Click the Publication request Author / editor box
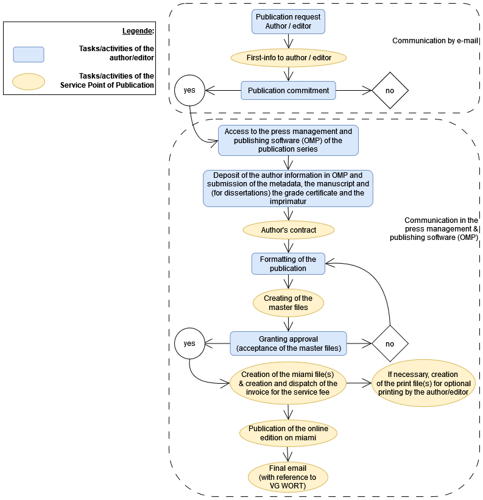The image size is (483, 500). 288,21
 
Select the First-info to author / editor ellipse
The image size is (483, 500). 288,58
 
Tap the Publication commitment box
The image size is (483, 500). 288,91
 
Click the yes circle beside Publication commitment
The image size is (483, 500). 189,90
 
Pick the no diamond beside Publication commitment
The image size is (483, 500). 390,91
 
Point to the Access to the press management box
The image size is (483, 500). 288,141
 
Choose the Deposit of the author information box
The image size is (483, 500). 288,188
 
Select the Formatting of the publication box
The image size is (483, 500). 288,264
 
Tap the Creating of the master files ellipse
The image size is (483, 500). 288,303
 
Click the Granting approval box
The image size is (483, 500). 288,343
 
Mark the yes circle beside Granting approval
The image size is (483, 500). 189,343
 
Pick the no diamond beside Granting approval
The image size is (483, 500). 390,343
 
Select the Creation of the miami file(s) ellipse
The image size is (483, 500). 288,383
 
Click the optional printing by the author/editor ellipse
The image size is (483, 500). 423,383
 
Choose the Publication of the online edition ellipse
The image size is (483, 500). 288,433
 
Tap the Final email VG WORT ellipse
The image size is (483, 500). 288,477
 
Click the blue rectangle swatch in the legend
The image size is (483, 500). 29,54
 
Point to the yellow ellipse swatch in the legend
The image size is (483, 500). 29,82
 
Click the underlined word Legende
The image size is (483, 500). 138,30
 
